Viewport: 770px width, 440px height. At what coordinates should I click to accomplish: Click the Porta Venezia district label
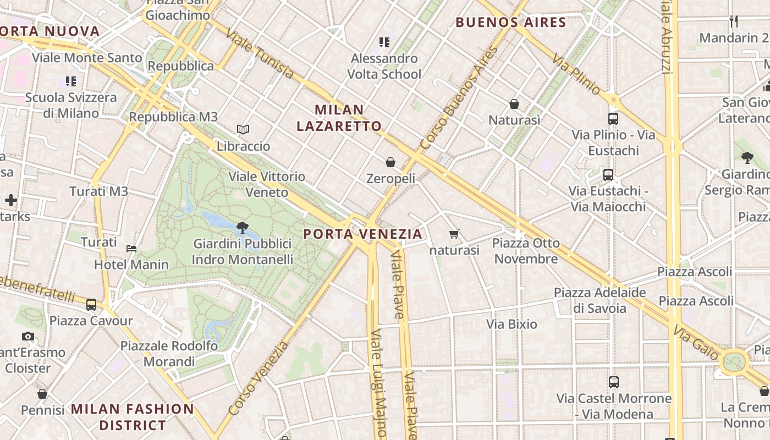[x=363, y=234]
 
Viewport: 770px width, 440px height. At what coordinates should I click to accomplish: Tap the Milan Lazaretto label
[x=339, y=118]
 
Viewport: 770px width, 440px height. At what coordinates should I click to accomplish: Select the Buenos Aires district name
[x=511, y=23]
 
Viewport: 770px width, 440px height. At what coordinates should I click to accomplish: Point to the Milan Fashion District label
[x=133, y=417]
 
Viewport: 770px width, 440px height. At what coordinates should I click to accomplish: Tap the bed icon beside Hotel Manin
[x=131, y=248]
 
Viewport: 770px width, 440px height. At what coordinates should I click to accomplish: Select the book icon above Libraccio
[x=243, y=130]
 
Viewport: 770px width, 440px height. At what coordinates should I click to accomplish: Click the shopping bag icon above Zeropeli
[x=391, y=162]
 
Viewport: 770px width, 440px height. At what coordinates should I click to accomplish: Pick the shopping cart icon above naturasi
[x=454, y=234]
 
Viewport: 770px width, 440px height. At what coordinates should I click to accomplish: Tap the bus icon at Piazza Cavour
[x=91, y=304]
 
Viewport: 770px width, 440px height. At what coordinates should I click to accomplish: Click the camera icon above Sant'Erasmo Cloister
[x=28, y=337]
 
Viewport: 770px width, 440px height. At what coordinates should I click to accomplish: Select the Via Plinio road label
[x=577, y=74]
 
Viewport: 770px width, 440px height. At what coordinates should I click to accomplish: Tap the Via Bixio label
[x=512, y=324]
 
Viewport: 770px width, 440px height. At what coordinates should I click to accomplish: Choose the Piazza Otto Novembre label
[x=526, y=251]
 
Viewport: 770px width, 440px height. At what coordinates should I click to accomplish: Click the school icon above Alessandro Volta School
[x=384, y=42]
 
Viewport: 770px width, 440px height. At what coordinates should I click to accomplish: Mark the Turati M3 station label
[x=98, y=191]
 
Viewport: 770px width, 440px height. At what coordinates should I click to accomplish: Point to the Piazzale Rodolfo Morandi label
[x=169, y=354]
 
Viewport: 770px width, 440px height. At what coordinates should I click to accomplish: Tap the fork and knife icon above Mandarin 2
[x=734, y=21]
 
